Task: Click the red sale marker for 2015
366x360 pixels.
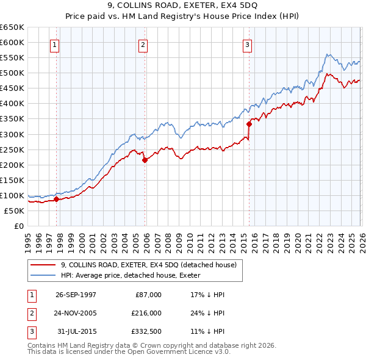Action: [249, 124]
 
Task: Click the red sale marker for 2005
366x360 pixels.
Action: [145, 160]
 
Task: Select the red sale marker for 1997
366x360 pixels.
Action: [56, 199]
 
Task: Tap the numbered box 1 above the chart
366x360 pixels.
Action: [55, 44]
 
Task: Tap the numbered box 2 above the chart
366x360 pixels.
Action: [143, 44]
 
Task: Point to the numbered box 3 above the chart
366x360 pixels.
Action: [247, 44]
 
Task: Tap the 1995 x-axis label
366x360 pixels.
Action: [29, 238]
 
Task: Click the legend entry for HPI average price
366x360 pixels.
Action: [134, 275]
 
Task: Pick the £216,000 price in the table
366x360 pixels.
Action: [146, 312]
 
